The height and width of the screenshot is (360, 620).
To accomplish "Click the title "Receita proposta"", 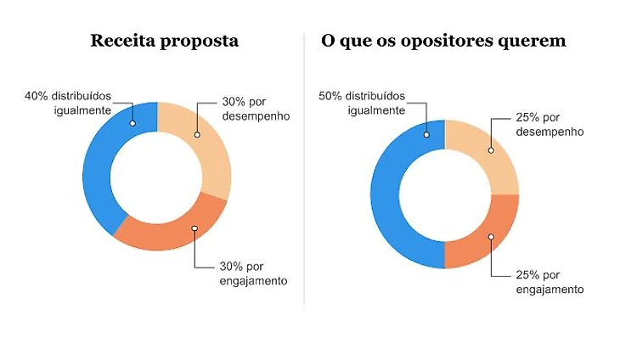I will (x=165, y=41).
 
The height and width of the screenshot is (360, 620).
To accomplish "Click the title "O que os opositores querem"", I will (x=443, y=41).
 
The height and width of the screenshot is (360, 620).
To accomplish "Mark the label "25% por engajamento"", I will (x=550, y=282).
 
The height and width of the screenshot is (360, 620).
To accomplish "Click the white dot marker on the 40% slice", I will (x=132, y=124).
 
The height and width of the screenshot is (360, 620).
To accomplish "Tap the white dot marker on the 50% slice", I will (x=426, y=132).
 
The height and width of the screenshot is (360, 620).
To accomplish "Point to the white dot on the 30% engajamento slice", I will (x=194, y=228).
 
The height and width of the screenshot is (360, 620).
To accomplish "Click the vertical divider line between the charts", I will (x=304, y=170).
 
